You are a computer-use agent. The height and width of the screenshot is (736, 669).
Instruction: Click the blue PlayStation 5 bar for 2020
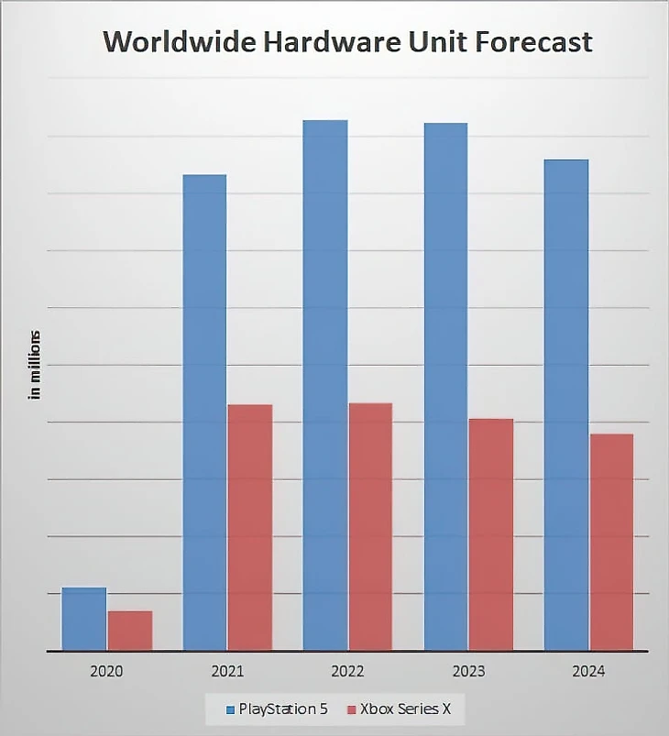pos(83,619)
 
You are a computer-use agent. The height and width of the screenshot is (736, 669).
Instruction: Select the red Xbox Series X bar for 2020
pos(130,631)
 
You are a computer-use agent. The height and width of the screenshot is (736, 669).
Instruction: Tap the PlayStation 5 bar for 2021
pos(204,412)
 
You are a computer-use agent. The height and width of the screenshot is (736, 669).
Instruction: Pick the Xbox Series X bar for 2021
pos(250,527)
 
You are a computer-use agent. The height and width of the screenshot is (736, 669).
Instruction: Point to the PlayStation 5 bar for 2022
pos(325,385)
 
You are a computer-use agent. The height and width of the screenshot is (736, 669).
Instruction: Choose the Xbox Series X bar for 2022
pos(370,526)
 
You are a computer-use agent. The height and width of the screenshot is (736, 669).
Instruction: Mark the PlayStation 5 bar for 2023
pos(445,387)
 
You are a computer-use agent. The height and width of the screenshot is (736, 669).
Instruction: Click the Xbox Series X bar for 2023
pos(491,534)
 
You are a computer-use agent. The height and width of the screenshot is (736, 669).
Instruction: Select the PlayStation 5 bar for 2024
pos(566,405)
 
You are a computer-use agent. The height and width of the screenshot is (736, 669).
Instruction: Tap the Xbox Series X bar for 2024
pos(611,542)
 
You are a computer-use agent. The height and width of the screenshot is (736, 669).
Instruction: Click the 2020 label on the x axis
pos(106,671)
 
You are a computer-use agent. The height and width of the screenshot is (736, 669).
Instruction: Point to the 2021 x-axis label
pos(227,671)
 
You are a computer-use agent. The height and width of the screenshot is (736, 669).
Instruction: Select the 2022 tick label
pos(348,671)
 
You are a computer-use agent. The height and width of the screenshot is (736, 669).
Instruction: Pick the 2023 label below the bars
pos(468,671)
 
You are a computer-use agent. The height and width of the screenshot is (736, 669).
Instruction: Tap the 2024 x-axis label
pos(588,671)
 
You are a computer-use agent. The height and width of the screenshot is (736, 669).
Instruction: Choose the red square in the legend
pos(351,709)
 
